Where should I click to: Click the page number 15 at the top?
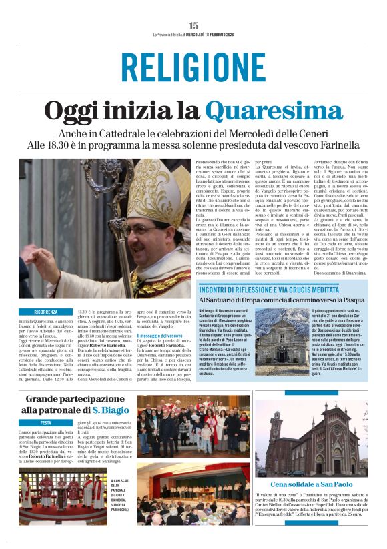click(193, 25)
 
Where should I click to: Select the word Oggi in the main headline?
click(73, 111)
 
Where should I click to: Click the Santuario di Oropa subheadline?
click(283, 300)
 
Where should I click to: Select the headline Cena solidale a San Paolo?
click(312, 484)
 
